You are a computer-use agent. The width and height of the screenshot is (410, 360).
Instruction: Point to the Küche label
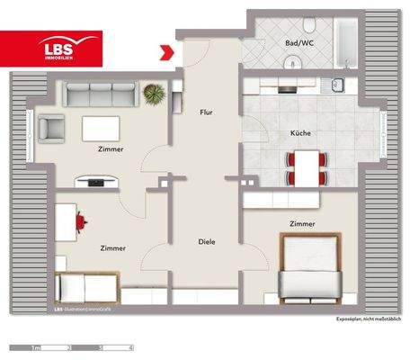(x=300, y=133)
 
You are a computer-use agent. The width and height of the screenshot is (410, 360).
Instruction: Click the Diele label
(x=208, y=241)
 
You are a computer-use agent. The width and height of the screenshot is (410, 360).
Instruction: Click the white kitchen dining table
(x=307, y=166)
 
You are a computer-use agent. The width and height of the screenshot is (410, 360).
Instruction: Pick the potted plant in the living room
(x=154, y=92)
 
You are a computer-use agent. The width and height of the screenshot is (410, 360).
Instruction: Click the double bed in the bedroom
(x=310, y=269)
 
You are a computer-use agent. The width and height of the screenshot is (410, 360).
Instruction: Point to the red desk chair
(x=84, y=218)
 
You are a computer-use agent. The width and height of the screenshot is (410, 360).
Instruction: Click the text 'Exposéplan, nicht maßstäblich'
(x=369, y=320)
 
